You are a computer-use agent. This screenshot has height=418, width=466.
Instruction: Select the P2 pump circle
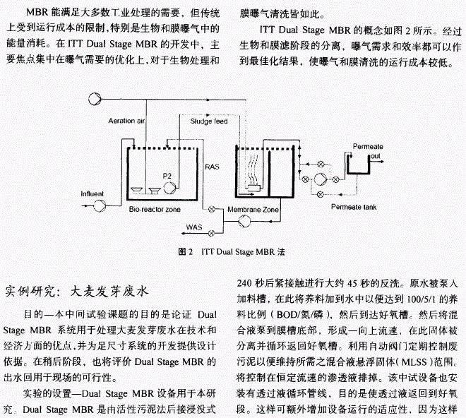pyautogui.click(x=169, y=188)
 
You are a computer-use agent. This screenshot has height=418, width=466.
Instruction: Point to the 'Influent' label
pyautogui.click(x=92, y=193)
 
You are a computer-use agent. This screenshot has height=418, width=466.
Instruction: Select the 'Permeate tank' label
pyautogui.click(x=352, y=207)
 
